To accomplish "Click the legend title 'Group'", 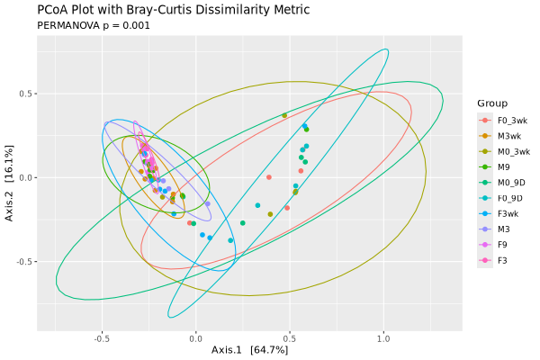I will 493,103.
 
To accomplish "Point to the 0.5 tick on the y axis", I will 28,94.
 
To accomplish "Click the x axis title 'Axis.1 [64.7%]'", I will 249,350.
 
